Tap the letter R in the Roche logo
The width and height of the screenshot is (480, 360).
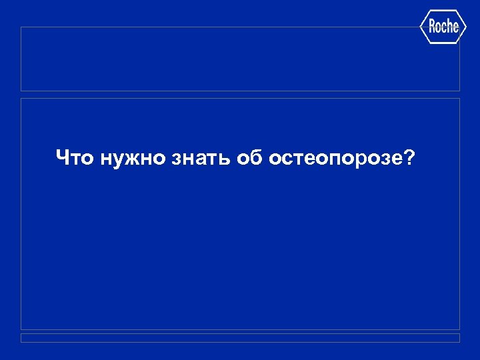pos(431,27)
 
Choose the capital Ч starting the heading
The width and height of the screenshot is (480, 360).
pos(63,158)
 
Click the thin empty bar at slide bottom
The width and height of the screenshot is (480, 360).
pos(240,338)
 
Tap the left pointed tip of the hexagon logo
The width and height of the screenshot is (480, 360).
pos(420,27)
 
